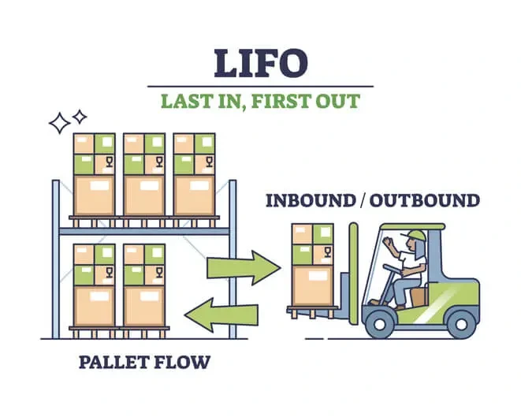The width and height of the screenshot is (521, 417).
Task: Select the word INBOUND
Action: coord(310,200)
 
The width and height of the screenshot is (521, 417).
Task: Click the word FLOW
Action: coord(185,363)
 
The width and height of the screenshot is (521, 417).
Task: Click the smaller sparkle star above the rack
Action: coord(80,117)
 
